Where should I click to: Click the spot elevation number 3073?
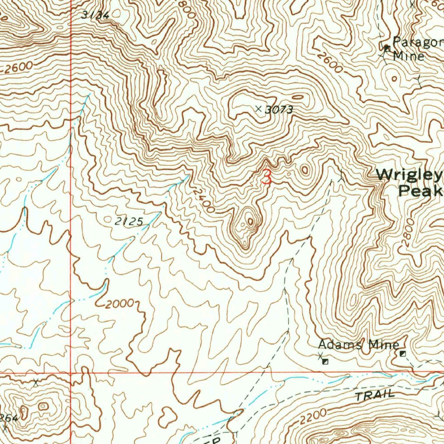279,110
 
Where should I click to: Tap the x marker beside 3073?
259,108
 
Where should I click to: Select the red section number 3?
267,177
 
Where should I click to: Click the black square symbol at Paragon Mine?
386,47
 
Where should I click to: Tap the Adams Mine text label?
358,345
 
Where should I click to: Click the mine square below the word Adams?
325,361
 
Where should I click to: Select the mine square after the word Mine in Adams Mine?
402,354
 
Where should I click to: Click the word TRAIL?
375,395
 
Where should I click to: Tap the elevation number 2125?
129,222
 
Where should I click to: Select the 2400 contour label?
203,200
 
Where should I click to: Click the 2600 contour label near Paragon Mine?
328,62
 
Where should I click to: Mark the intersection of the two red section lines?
71,372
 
